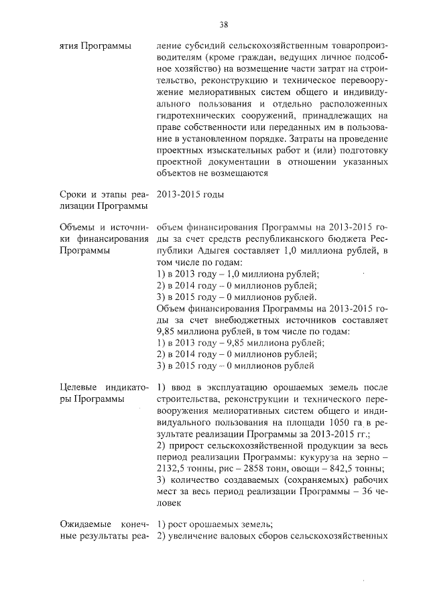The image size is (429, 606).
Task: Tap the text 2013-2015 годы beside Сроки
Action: click(x=190, y=194)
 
